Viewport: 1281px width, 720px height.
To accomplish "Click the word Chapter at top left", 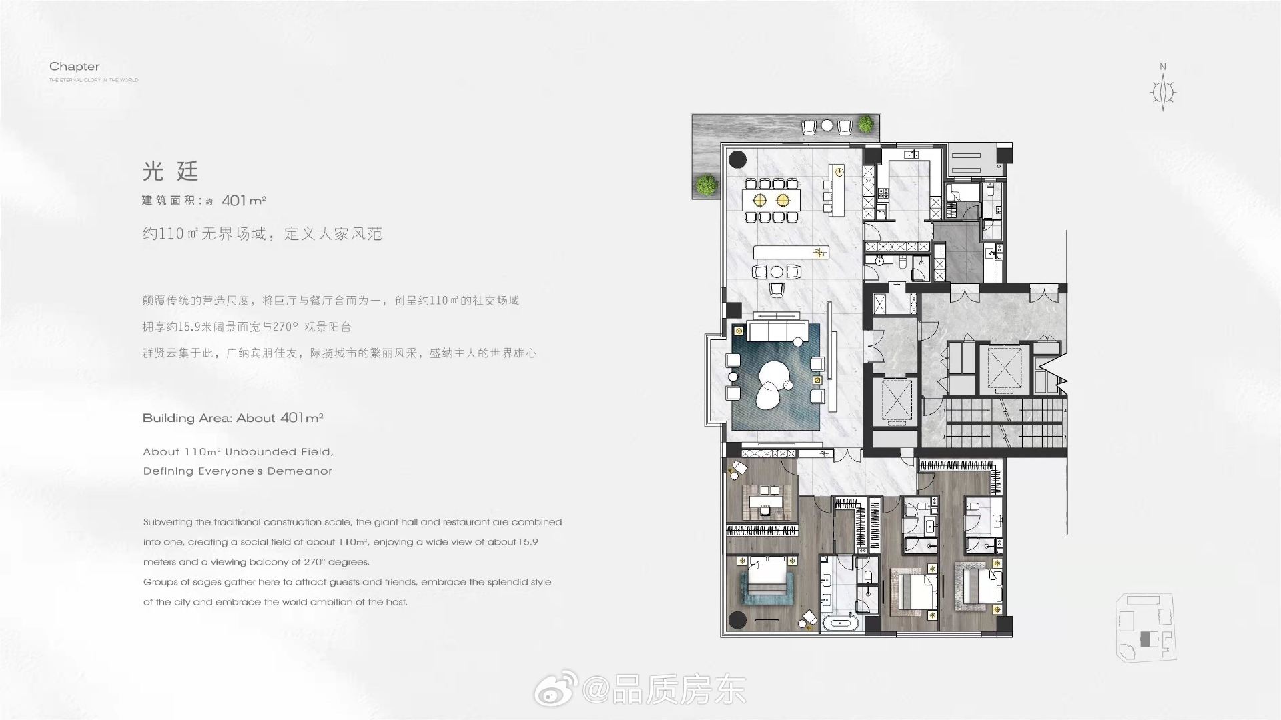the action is coord(75,67).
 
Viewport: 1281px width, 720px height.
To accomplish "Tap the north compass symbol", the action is coord(1164,92).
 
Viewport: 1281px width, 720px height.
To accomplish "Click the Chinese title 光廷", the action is coord(171,171).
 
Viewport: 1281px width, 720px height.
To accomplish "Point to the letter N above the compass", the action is coord(1163,67).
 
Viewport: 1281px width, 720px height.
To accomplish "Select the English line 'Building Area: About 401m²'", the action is coord(233,418).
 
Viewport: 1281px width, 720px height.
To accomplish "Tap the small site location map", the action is coord(1146,627).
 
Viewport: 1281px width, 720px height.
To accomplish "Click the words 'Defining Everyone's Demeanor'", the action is coord(238,471).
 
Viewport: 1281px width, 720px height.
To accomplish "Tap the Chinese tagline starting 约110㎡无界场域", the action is coord(262,234).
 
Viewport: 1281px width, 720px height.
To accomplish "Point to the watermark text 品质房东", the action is coord(679,689).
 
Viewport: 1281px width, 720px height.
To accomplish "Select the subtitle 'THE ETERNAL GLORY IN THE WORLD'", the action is coord(94,80).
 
